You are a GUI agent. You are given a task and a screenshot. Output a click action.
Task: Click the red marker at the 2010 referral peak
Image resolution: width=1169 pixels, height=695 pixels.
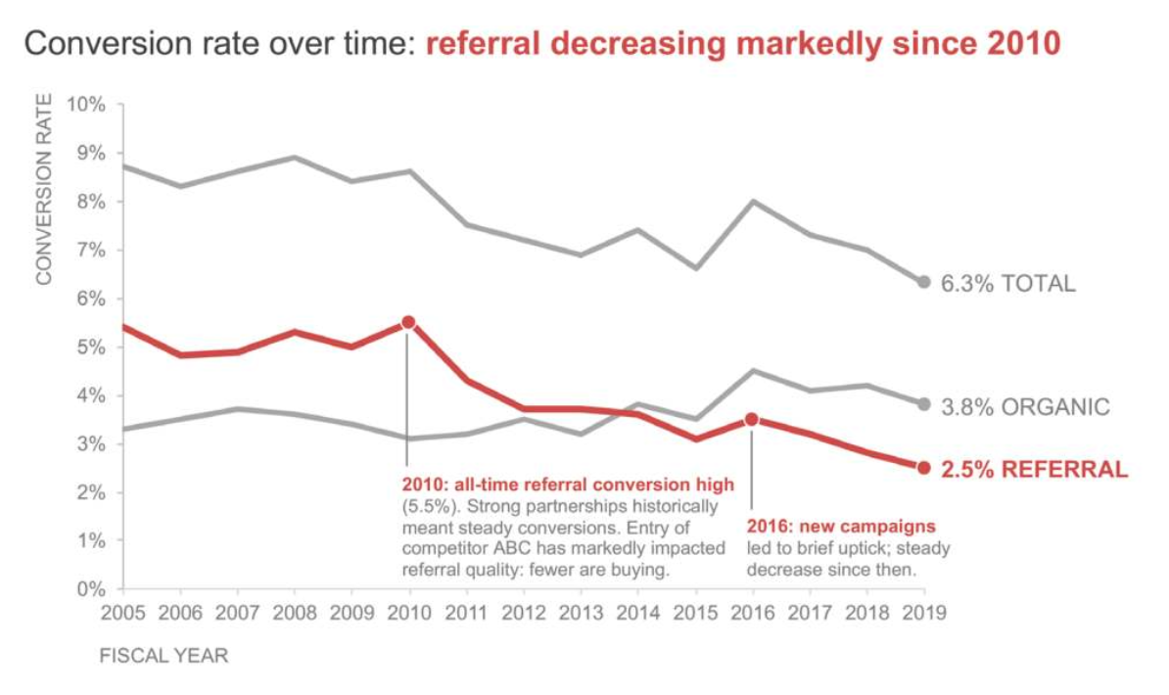pos(408,322)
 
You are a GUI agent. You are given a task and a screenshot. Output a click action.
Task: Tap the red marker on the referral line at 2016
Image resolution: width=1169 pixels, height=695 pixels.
pos(751,419)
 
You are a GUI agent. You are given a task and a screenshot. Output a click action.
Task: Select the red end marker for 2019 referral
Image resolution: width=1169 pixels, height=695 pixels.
pos(923,468)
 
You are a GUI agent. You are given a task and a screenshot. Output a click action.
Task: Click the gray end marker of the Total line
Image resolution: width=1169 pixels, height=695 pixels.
pos(923,282)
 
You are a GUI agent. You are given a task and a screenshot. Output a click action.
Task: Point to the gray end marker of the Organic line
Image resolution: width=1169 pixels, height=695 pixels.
pos(923,403)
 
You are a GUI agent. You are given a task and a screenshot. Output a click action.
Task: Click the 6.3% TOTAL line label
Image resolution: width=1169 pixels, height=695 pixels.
pos(1008,284)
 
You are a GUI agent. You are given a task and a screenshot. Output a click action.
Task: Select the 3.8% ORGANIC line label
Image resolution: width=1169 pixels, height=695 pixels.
pos(1025,406)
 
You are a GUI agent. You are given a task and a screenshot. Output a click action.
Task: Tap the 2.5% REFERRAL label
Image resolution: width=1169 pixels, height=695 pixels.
pos(1034,470)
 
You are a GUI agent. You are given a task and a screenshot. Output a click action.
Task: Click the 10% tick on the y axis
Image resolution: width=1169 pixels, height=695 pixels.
pos(86,105)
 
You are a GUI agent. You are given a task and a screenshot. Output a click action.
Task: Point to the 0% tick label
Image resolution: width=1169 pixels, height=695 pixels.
pos(91,589)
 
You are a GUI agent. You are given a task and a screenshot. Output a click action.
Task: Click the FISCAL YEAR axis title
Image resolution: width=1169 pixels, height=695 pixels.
pos(164,656)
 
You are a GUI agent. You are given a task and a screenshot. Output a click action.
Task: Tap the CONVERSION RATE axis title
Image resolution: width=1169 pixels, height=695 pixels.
pos(43,189)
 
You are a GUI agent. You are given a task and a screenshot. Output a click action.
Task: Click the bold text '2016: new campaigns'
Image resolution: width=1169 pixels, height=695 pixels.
pos(841,527)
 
